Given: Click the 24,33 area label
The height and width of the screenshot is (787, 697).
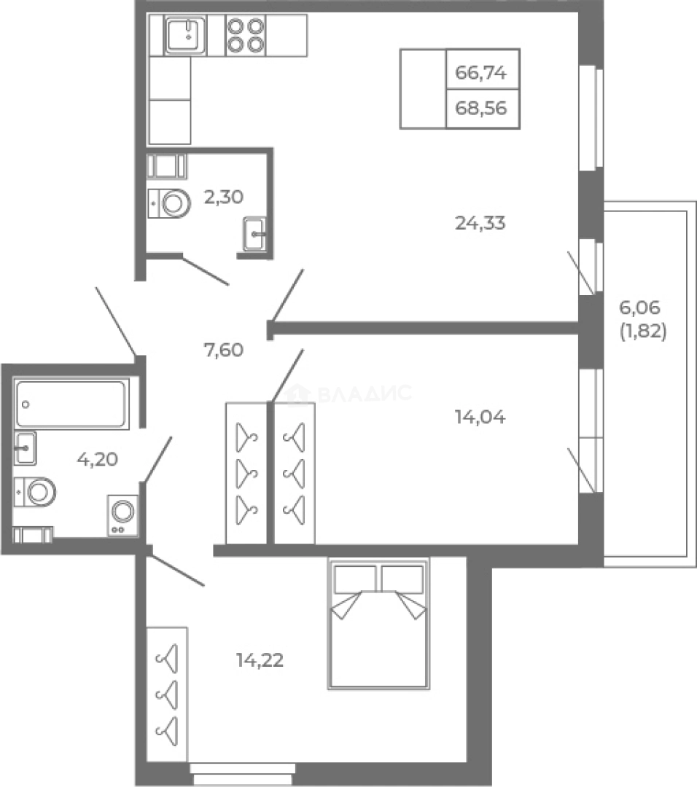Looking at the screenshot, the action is (480, 223).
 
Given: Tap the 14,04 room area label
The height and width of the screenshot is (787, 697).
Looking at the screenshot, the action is (480, 417).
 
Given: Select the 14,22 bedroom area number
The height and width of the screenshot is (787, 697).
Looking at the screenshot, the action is (260, 660).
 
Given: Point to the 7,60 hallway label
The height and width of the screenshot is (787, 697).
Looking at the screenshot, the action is (223, 349).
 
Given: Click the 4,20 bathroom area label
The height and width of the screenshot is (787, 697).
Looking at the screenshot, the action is (98, 459).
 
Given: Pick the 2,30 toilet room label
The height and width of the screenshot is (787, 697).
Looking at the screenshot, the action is (223, 197).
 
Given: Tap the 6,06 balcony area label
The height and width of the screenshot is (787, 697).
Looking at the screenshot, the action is (639, 308).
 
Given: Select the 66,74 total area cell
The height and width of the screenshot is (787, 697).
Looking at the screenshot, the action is (483, 69).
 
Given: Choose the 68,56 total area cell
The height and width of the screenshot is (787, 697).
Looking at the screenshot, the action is (483, 109).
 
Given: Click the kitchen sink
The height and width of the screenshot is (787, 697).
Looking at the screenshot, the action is (185, 35).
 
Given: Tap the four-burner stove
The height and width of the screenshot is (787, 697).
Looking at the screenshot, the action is (246, 35).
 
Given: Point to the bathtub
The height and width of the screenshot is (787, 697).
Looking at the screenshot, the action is (71, 404).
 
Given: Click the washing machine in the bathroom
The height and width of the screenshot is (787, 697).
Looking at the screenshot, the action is (122, 515).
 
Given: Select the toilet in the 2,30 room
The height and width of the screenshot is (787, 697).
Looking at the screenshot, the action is (169, 203).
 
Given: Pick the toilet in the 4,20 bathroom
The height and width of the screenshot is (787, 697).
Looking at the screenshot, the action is (35, 492).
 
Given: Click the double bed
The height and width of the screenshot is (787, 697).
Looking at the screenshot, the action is (378, 623).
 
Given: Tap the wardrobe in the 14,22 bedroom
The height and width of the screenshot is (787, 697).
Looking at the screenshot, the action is (167, 694).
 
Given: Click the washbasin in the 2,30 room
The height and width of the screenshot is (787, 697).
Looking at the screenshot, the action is (254, 234).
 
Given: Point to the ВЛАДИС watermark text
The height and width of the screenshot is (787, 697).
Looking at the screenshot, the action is (365, 393).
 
